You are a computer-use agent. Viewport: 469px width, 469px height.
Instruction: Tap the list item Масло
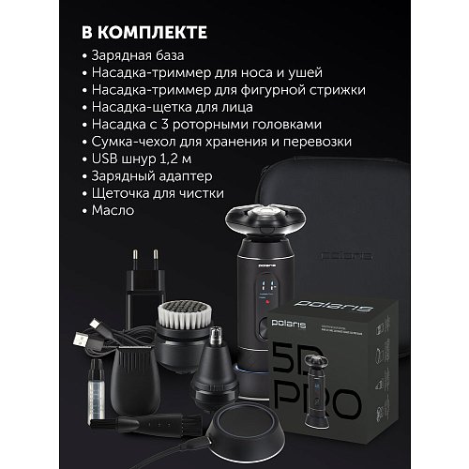coord(116,211)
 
